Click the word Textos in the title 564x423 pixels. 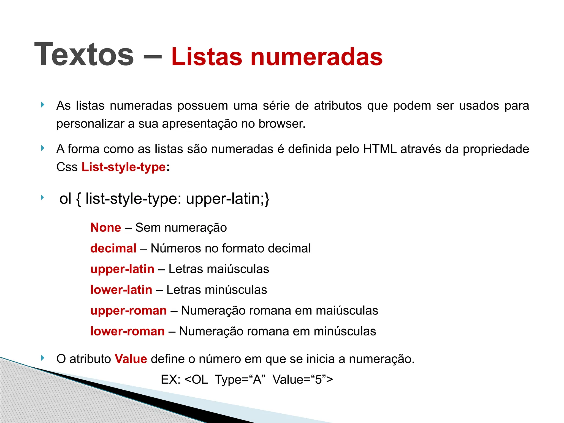tap(84, 55)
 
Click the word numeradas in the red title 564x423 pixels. tap(316, 57)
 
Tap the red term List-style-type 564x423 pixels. tap(124, 167)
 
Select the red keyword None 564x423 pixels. tap(106, 227)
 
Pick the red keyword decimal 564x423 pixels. tap(113, 248)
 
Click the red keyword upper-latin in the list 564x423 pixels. tap(122, 269)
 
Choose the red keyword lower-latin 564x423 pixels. tap(121, 290)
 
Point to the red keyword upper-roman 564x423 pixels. tap(129, 311)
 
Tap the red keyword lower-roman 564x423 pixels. tap(128, 331)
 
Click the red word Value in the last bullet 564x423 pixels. tap(131, 359)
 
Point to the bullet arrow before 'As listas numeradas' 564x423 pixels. tap(42, 105)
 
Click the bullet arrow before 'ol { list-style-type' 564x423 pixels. tap(42, 197)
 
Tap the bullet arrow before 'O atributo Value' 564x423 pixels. tap(42, 358)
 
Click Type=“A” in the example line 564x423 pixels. tap(240, 379)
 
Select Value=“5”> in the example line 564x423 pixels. tap(303, 379)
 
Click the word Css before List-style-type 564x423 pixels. tap(67, 167)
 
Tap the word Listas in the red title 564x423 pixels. tap(207, 57)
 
